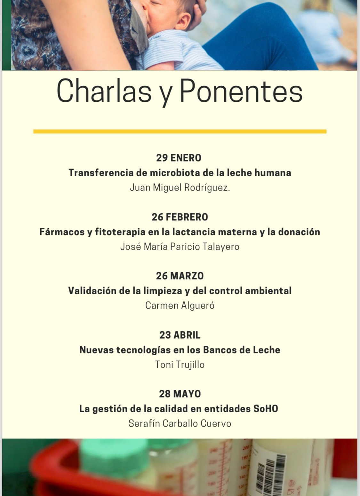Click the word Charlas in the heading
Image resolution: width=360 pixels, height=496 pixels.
(104, 91)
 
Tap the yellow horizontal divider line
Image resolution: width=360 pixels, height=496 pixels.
(180, 131)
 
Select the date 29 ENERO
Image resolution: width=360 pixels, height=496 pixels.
(179, 158)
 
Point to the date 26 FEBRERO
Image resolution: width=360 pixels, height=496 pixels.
(180, 217)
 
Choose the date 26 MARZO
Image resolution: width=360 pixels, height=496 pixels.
(180, 276)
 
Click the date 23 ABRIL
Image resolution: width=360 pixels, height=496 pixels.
(180, 335)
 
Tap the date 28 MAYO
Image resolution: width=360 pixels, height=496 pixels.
(180, 394)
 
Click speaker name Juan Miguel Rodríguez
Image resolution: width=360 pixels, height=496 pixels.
(180, 187)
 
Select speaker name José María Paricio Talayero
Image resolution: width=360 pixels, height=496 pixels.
(180, 247)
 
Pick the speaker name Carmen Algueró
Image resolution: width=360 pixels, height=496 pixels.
(180, 305)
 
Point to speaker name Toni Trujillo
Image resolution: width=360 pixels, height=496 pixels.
(180, 365)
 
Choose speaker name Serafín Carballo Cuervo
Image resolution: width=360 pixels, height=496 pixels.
(180, 423)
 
